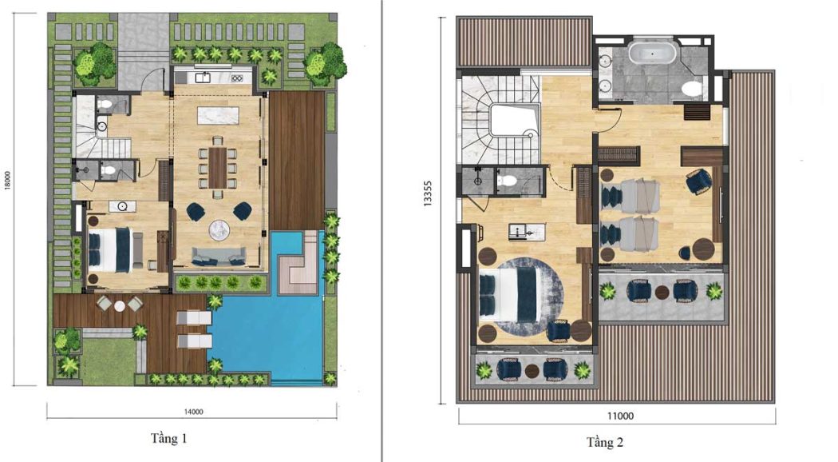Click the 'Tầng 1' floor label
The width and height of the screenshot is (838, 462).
(x=169, y=439)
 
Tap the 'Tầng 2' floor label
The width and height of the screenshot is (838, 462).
(x=604, y=442)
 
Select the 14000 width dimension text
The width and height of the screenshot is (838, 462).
(x=193, y=412)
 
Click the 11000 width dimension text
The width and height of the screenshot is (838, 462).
(x=620, y=416)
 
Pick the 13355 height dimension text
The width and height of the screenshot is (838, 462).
(x=427, y=193)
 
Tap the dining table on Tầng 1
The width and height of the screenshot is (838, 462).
(x=218, y=167)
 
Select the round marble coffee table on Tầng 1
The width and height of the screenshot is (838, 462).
(x=219, y=229)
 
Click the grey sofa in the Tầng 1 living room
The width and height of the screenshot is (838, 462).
(x=219, y=256)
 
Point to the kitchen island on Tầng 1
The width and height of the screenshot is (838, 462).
(x=218, y=115)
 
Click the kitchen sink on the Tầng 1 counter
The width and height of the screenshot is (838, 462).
(x=202, y=78)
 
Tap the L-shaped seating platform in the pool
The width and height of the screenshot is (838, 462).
(x=299, y=266)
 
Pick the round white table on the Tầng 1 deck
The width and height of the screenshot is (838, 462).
(x=119, y=305)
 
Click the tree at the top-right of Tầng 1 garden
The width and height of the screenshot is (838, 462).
(x=325, y=64)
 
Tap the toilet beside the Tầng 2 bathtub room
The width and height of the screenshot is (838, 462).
(x=694, y=90)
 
